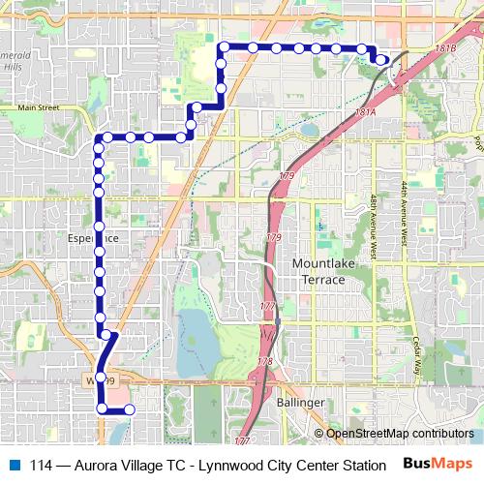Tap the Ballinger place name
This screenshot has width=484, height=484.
[x=300, y=402]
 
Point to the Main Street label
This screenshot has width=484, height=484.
[x=39, y=107]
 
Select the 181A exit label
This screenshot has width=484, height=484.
[x=365, y=112]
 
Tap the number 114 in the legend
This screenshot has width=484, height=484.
[x=42, y=464]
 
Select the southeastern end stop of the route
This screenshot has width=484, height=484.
[x=128, y=409]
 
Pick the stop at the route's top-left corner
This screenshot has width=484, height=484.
[x=224, y=46]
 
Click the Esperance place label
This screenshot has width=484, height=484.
[x=93, y=235]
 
